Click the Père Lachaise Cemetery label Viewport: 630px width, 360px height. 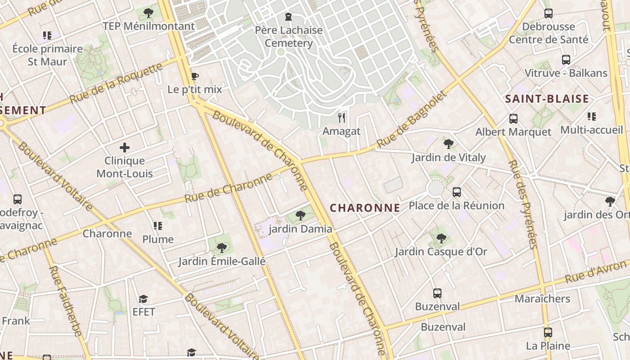(x=288, y=36)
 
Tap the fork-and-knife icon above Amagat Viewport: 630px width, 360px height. (x=342, y=118)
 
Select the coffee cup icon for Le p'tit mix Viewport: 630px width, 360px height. (x=194, y=76)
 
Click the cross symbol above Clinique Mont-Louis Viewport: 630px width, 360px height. (x=125, y=147)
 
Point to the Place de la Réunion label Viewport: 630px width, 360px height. (x=456, y=206)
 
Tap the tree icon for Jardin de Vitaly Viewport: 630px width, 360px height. (x=448, y=144)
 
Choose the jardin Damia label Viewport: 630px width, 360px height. (x=300, y=229)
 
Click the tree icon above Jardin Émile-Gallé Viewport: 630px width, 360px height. (x=221, y=247)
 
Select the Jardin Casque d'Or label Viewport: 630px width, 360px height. (x=441, y=252)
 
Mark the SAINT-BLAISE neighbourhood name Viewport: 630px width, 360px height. (x=547, y=99)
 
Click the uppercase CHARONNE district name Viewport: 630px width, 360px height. (x=365, y=207)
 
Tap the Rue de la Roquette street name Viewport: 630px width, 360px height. (x=116, y=83)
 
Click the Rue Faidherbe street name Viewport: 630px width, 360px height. (x=65, y=301)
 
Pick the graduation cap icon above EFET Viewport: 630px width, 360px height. (x=143, y=299)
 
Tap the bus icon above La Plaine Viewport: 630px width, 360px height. (x=548, y=333)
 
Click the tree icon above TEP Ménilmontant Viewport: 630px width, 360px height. (x=148, y=13)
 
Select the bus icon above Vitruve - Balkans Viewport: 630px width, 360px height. (x=566, y=59)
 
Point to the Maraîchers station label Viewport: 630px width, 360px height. (x=542, y=299)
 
